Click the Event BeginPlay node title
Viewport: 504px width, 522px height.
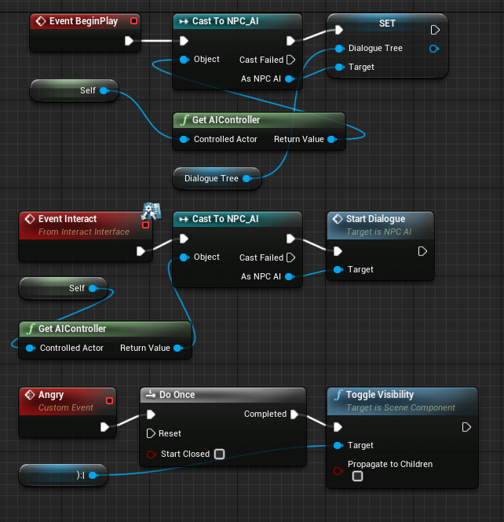click(x=82, y=20)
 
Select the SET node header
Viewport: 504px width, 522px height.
click(x=387, y=24)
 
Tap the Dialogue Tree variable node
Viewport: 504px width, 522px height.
click(x=211, y=178)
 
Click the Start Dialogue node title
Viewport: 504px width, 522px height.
click(x=375, y=219)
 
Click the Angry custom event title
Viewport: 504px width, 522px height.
click(x=51, y=395)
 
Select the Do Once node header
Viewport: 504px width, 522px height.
click(x=177, y=395)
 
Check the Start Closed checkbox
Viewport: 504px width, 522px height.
click(x=220, y=454)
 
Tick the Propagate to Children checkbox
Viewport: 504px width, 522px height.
click(x=357, y=476)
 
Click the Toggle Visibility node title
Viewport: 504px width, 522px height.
click(x=379, y=395)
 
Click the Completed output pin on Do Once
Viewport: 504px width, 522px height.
click(x=294, y=414)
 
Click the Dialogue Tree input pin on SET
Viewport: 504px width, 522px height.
click(x=339, y=49)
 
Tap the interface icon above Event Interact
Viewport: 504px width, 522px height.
click(x=150, y=210)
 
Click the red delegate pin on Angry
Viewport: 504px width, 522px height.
click(x=109, y=401)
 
